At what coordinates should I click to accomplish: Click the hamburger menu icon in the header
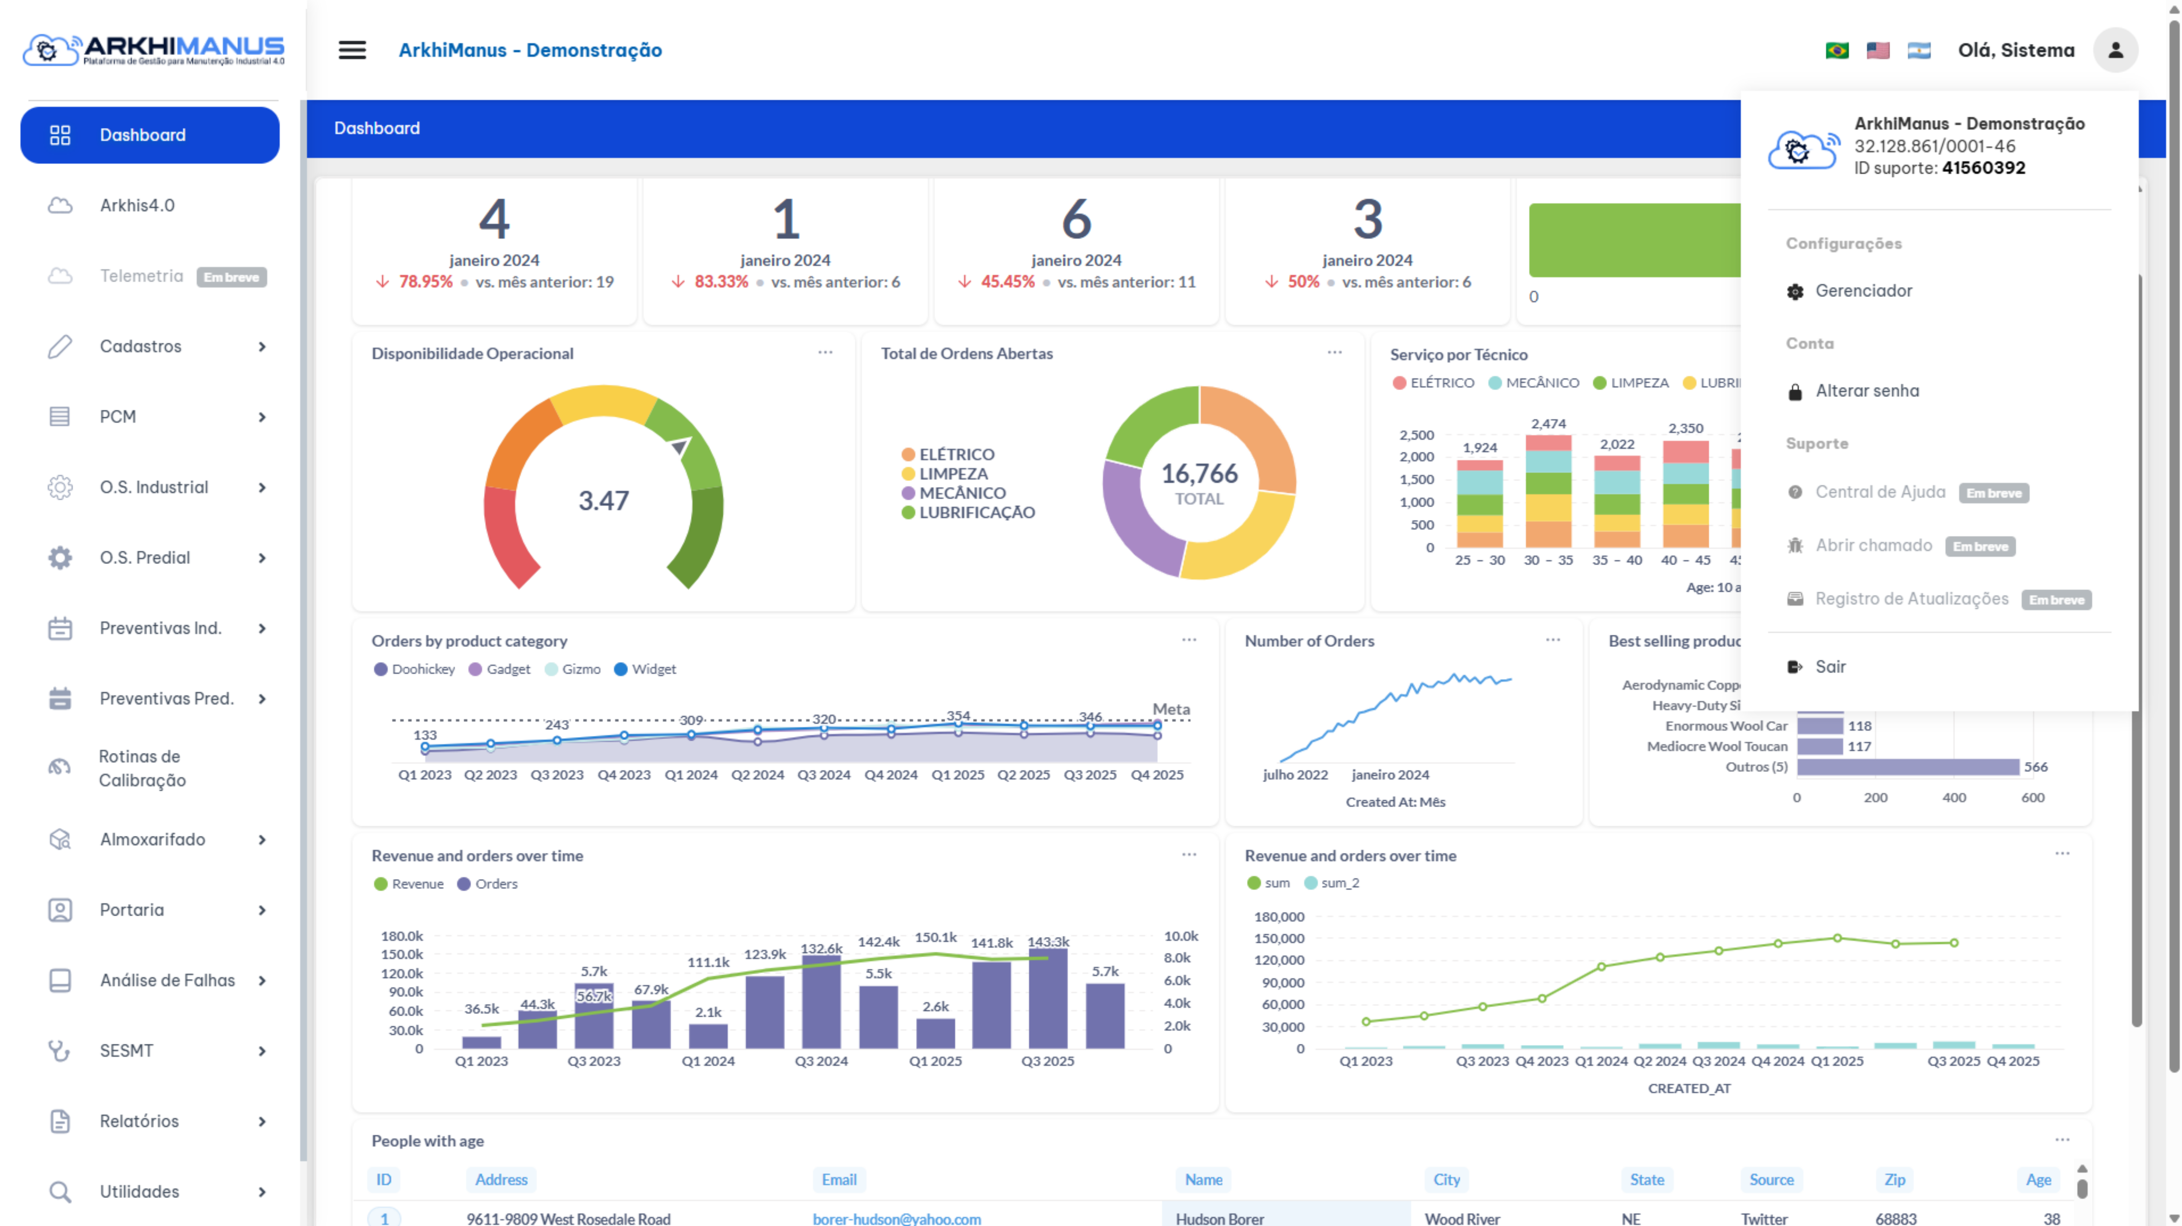(352, 50)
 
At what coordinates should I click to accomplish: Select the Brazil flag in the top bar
(1836, 51)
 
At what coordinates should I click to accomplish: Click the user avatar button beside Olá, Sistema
(2115, 51)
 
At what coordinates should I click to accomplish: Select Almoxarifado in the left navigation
(152, 839)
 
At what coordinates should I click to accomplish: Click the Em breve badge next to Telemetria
(231, 277)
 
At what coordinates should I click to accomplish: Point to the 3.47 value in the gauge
(603, 500)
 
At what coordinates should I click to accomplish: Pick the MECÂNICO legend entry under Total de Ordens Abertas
(962, 493)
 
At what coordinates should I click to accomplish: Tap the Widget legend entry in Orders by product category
(653, 669)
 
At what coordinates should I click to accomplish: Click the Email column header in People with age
(839, 1179)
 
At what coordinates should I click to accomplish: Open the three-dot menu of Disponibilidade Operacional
(825, 352)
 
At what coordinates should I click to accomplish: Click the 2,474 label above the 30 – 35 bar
(1549, 423)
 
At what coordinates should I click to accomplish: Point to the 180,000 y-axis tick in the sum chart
(1279, 916)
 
